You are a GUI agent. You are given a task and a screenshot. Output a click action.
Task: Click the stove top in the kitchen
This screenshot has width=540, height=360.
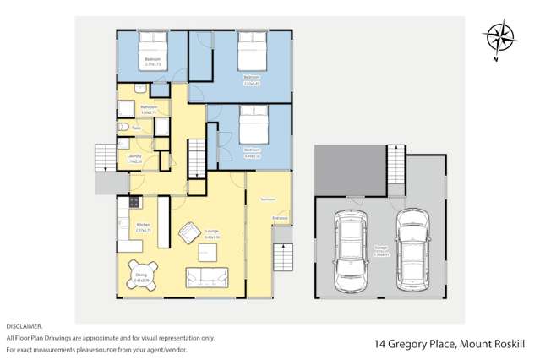pos(133,205)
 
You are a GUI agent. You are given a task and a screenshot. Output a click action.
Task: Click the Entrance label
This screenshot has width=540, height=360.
pos(280,218)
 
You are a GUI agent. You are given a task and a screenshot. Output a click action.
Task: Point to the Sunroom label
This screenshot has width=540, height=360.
pos(269,199)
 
